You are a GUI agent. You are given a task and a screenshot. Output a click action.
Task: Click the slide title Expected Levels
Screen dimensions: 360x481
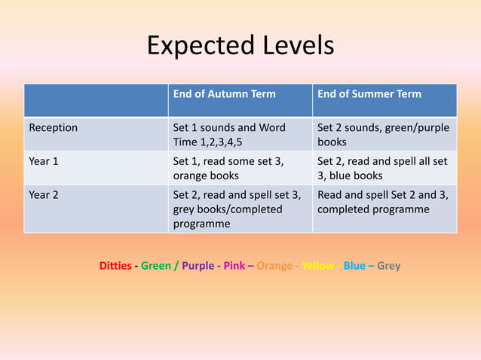pyautogui.click(x=240, y=46)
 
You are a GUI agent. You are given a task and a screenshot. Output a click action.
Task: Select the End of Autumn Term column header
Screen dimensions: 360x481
pyautogui.click(x=225, y=95)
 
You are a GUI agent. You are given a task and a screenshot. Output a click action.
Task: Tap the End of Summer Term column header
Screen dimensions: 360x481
pyautogui.click(x=369, y=95)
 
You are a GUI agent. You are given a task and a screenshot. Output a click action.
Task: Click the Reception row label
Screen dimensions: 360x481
pyautogui.click(x=54, y=128)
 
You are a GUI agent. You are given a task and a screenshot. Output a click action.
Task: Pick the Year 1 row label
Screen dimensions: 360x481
pyautogui.click(x=43, y=161)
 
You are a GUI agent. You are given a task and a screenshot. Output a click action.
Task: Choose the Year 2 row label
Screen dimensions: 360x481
pyautogui.click(x=43, y=194)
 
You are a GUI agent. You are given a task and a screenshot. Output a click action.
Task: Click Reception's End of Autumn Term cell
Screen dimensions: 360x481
pyautogui.click(x=229, y=135)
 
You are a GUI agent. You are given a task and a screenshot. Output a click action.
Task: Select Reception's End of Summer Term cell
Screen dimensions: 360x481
pyautogui.click(x=383, y=135)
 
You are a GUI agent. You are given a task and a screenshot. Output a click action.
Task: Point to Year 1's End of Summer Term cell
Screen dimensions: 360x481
pyautogui.click(x=383, y=168)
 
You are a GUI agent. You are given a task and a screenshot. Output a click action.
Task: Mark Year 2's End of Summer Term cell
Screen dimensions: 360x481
pyautogui.click(x=383, y=202)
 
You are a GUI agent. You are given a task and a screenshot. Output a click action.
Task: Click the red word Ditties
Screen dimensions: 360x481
pyautogui.click(x=115, y=266)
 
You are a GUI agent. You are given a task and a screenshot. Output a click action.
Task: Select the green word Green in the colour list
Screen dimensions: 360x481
pyautogui.click(x=156, y=266)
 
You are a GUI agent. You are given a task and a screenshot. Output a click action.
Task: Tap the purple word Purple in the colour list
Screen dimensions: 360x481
pyautogui.click(x=198, y=266)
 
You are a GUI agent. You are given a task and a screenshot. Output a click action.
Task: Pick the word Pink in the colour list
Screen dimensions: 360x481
pyautogui.click(x=234, y=266)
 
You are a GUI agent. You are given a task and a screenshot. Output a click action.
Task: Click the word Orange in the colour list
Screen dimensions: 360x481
pyautogui.click(x=273, y=266)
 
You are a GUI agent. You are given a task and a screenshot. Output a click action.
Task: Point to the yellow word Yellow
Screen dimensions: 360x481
pyautogui.click(x=318, y=266)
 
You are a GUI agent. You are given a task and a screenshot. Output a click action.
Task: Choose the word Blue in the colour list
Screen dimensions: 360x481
pyautogui.click(x=354, y=266)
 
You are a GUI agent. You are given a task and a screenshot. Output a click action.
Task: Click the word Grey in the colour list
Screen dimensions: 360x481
pyautogui.click(x=389, y=266)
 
